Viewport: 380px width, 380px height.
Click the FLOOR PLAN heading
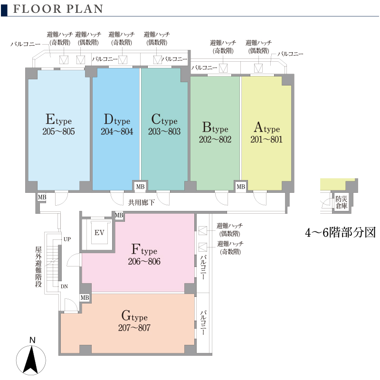coord(58,9)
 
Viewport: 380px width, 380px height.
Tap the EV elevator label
coord(99,233)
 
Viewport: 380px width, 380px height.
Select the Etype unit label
coord(58,120)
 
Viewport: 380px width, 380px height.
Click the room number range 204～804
coord(117,132)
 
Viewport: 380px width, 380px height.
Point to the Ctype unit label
coord(164,120)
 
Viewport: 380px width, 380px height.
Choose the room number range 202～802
coord(215,139)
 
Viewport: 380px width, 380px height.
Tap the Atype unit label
coord(266,127)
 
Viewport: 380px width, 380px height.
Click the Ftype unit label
coord(144,249)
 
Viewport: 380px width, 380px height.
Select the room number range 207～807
coord(134,328)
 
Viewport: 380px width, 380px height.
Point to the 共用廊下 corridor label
coord(141,202)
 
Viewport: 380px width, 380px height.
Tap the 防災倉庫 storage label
coord(341,202)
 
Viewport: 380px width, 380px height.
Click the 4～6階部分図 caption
coord(340,233)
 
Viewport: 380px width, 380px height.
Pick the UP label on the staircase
coord(67,239)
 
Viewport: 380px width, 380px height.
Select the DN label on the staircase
coord(64,286)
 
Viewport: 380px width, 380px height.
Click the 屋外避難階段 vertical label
coord(38,267)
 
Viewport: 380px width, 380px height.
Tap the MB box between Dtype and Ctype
coord(140,187)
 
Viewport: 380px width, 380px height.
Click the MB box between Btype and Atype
coord(241,187)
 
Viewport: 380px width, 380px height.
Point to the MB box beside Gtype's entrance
coord(85,298)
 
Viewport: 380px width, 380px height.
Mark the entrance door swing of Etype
coord(61,198)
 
